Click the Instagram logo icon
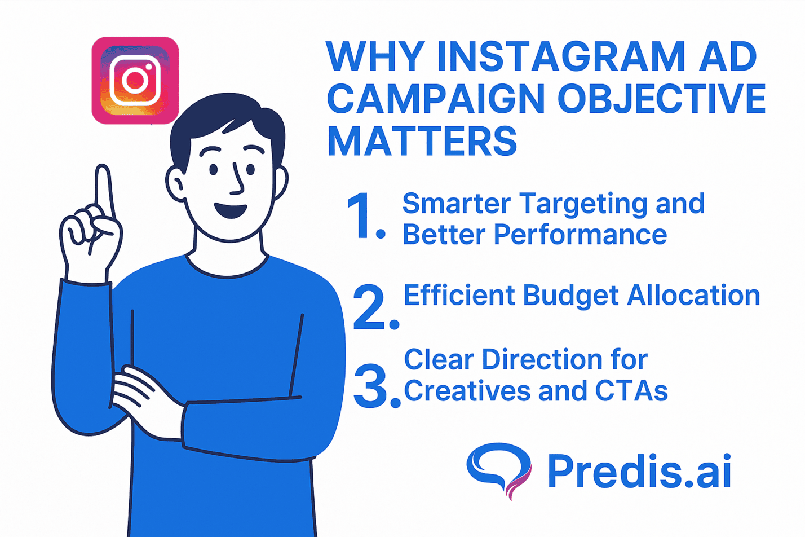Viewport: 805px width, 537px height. pos(135,80)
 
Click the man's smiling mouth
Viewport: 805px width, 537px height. pos(230,210)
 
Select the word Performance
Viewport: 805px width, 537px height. pos(580,234)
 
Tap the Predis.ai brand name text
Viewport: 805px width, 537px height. pos(639,472)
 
